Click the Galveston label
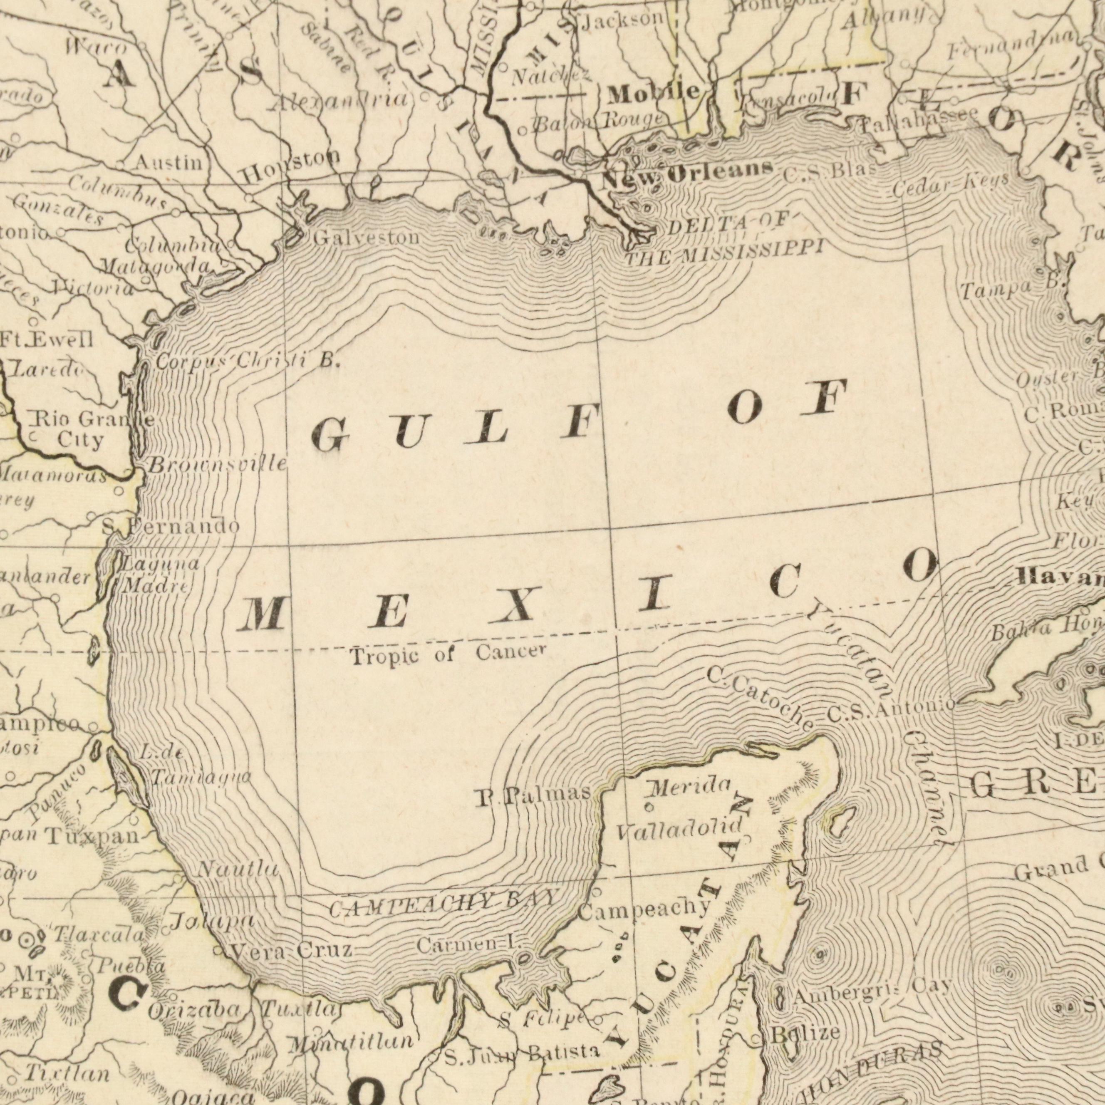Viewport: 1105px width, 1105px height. tap(366, 237)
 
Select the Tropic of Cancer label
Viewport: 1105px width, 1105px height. tap(447, 653)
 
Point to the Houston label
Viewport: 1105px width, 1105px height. tap(290, 166)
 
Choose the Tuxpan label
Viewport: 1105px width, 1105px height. tap(92, 837)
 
